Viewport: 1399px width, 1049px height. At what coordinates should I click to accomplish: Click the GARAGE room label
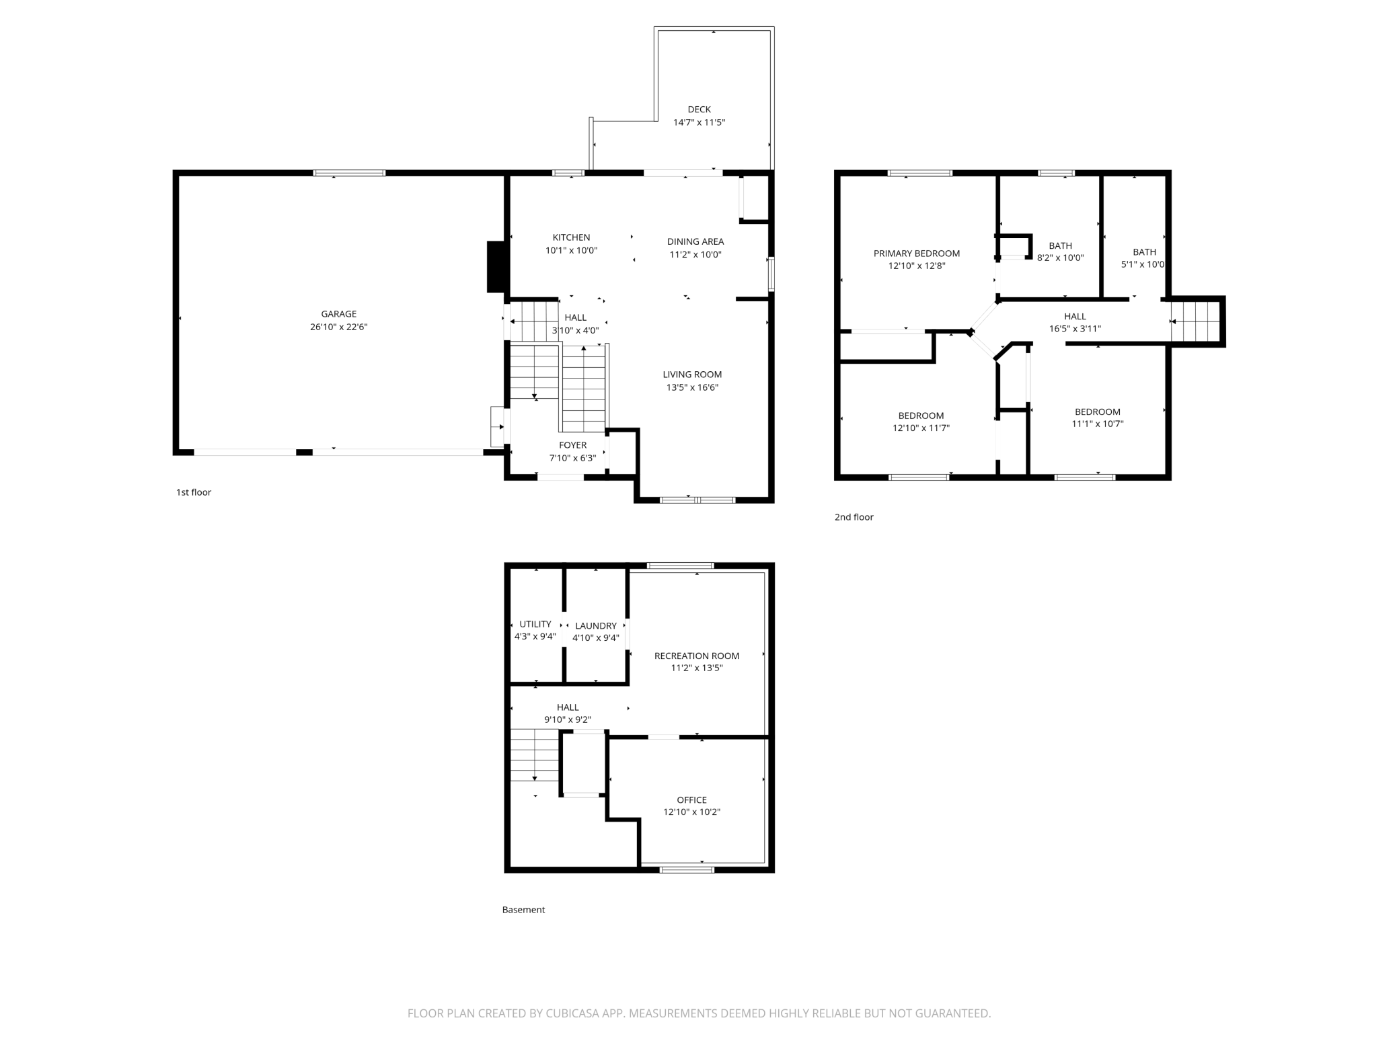pyautogui.click(x=339, y=314)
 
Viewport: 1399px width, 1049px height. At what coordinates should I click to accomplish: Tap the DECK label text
pyautogui.click(x=699, y=110)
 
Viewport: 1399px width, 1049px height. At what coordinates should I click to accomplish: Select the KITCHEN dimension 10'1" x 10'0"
pyautogui.click(x=572, y=251)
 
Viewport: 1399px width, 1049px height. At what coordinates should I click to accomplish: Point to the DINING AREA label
pyautogui.click(x=695, y=241)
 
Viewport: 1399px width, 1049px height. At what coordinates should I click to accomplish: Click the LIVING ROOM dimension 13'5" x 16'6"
pyautogui.click(x=693, y=387)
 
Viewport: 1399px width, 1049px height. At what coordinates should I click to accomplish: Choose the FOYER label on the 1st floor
pyautogui.click(x=573, y=445)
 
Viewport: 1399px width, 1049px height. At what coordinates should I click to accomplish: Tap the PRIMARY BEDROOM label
pyautogui.click(x=917, y=254)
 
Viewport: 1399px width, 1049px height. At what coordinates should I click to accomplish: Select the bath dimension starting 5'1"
pyautogui.click(x=1143, y=264)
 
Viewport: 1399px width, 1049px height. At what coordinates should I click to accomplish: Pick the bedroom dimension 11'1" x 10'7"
pyautogui.click(x=1098, y=424)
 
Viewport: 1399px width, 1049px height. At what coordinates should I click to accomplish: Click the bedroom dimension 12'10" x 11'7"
pyautogui.click(x=921, y=428)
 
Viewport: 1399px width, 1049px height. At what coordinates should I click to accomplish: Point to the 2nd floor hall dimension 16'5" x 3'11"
pyautogui.click(x=1075, y=329)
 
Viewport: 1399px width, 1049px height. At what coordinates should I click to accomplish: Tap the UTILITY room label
pyautogui.click(x=535, y=624)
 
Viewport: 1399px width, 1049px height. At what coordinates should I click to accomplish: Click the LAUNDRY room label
pyautogui.click(x=596, y=625)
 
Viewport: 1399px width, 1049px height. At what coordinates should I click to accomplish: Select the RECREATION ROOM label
pyautogui.click(x=697, y=656)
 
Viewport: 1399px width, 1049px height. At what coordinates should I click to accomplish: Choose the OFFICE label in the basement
pyautogui.click(x=692, y=800)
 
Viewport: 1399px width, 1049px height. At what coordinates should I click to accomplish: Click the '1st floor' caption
pyautogui.click(x=194, y=492)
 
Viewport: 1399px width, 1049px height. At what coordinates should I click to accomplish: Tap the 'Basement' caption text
pyautogui.click(x=523, y=910)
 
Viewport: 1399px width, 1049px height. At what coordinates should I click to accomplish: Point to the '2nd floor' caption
pyautogui.click(x=854, y=517)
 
